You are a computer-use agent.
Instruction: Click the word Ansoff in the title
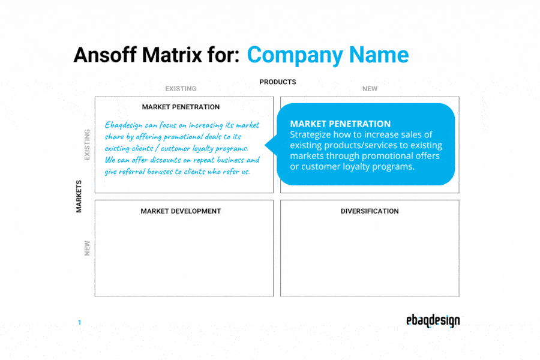tap(103, 55)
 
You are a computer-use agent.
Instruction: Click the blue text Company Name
tap(328, 55)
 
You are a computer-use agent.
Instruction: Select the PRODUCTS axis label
tap(277, 82)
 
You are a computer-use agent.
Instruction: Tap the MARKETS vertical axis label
tap(79, 196)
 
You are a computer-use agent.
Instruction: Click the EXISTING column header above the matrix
tap(181, 89)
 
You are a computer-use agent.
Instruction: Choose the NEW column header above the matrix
tap(370, 89)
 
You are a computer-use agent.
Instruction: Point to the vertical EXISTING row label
tap(88, 145)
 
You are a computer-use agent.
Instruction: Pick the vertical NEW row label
tap(88, 248)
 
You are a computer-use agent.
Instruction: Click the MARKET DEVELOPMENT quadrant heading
tap(181, 211)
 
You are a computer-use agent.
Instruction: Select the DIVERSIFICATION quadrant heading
tap(370, 211)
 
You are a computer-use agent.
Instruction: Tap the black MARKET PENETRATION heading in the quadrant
tap(181, 107)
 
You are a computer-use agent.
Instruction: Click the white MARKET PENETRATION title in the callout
tap(340, 124)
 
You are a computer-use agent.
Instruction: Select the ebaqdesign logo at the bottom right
tap(433, 321)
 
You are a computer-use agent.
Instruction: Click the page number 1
tap(79, 323)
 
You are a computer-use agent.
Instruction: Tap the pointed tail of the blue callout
tap(268, 145)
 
